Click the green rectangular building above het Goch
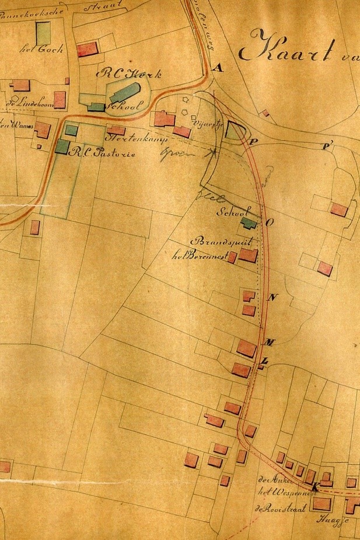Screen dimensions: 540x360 pos(43,32)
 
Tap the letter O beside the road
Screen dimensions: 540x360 pos(270,222)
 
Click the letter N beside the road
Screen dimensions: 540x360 pos(271,297)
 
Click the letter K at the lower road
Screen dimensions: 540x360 pos(315,487)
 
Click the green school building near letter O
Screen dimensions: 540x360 pos(249,223)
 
